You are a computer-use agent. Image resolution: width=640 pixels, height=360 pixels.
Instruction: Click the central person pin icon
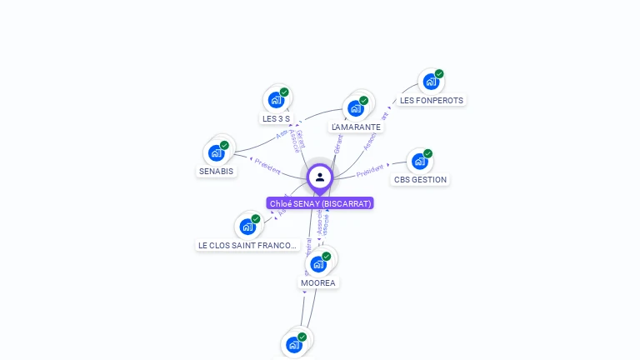coord(320,177)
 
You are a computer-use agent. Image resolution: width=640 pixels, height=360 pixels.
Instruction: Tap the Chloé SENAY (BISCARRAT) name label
coord(320,203)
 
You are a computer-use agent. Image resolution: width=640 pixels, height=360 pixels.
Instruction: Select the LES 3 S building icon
coord(276,100)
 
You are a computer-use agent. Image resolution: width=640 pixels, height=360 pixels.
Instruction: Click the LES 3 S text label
coord(276,118)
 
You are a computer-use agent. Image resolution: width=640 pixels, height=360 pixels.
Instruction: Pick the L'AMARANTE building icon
coord(356,108)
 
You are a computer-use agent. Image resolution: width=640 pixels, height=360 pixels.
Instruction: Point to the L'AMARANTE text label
coord(356,127)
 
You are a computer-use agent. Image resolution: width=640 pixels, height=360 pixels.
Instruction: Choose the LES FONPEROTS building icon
coord(430,82)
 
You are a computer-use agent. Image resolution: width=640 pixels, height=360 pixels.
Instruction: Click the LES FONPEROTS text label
coord(431,100)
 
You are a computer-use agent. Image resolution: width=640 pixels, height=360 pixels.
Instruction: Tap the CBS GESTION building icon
coord(419,161)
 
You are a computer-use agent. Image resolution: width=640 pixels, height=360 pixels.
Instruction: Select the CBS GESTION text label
coord(420,179)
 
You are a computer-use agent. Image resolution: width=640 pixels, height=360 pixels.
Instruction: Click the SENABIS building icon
coord(217,152)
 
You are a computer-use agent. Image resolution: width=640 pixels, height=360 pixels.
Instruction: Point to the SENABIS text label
coord(216,171)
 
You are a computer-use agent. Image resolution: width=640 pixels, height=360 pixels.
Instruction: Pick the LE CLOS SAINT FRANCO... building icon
coord(247,226)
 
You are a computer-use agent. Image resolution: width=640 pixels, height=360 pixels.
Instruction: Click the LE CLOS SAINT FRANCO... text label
coord(247,245)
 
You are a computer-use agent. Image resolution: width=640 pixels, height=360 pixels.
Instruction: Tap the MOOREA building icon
coord(318,263)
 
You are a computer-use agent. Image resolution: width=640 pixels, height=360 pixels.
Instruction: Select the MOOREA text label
coord(318,282)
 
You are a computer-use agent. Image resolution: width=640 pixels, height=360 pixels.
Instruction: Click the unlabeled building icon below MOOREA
coord(293,344)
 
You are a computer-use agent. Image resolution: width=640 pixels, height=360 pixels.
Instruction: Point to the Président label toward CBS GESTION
coord(370,171)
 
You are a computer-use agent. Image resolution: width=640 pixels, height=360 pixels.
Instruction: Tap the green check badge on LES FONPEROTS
coord(439,74)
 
